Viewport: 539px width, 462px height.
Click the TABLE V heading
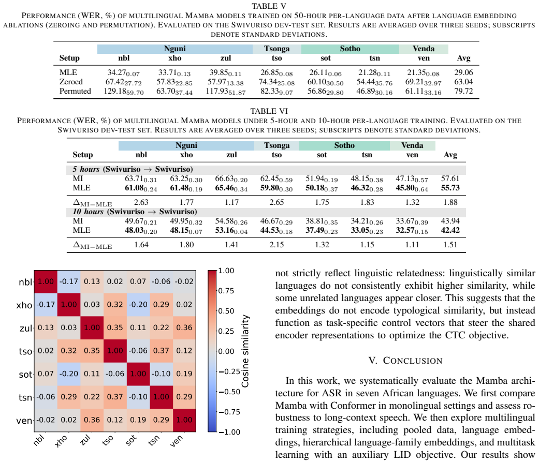tap(269, 6)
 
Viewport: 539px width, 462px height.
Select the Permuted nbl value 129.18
tap(124, 92)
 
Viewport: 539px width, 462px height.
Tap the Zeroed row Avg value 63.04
tap(463, 82)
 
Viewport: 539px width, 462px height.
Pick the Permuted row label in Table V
tap(75, 91)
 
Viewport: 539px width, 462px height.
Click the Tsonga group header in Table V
tap(276, 49)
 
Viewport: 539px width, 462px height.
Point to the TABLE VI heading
tap(269, 111)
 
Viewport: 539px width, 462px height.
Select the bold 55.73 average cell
tap(450, 188)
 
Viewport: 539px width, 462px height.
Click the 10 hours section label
tap(88, 212)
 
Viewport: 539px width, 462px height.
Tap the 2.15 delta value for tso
tap(276, 245)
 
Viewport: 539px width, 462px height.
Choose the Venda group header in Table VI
tap(412, 146)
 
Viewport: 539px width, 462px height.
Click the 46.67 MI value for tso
tap(276, 221)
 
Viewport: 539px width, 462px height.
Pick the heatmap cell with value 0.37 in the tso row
tap(161, 351)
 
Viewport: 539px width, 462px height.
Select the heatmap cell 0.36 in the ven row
tap(92, 420)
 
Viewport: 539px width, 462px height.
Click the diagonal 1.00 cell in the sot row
tap(138, 374)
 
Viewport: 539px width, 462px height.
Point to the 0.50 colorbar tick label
tap(226, 311)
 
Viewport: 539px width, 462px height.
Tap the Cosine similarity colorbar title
tap(245, 351)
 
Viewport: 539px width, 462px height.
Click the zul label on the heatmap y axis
tap(26, 329)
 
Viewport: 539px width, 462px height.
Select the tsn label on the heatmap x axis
tap(154, 440)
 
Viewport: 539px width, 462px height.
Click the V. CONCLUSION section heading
tap(405, 361)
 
